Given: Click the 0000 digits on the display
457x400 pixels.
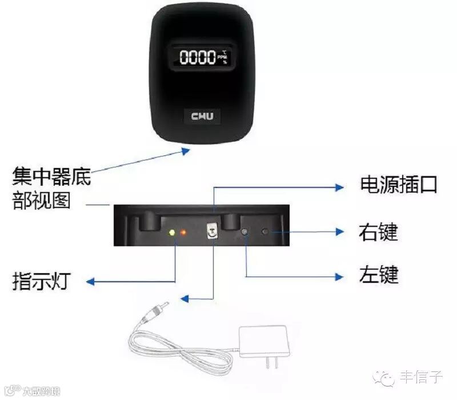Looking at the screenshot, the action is pyautogui.click(x=196, y=57).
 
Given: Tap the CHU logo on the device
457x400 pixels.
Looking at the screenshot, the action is pyautogui.click(x=203, y=116).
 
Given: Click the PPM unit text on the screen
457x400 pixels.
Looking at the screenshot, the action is pyautogui.click(x=222, y=57).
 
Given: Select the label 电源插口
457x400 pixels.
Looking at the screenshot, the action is pyautogui.click(x=399, y=185).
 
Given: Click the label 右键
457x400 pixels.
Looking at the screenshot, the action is pyautogui.click(x=378, y=232).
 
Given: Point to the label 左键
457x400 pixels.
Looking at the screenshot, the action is pyautogui.click(x=378, y=275).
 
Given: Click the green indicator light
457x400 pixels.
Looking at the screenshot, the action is pyautogui.click(x=171, y=233).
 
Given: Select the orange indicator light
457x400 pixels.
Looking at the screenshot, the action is pyautogui.click(x=183, y=233).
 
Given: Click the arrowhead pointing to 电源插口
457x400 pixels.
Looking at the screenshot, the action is pyautogui.click(x=339, y=186).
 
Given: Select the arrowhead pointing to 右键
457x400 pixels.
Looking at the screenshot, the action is pyautogui.click(x=339, y=232).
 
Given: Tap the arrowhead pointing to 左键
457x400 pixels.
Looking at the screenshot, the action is pyautogui.click(x=339, y=277).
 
